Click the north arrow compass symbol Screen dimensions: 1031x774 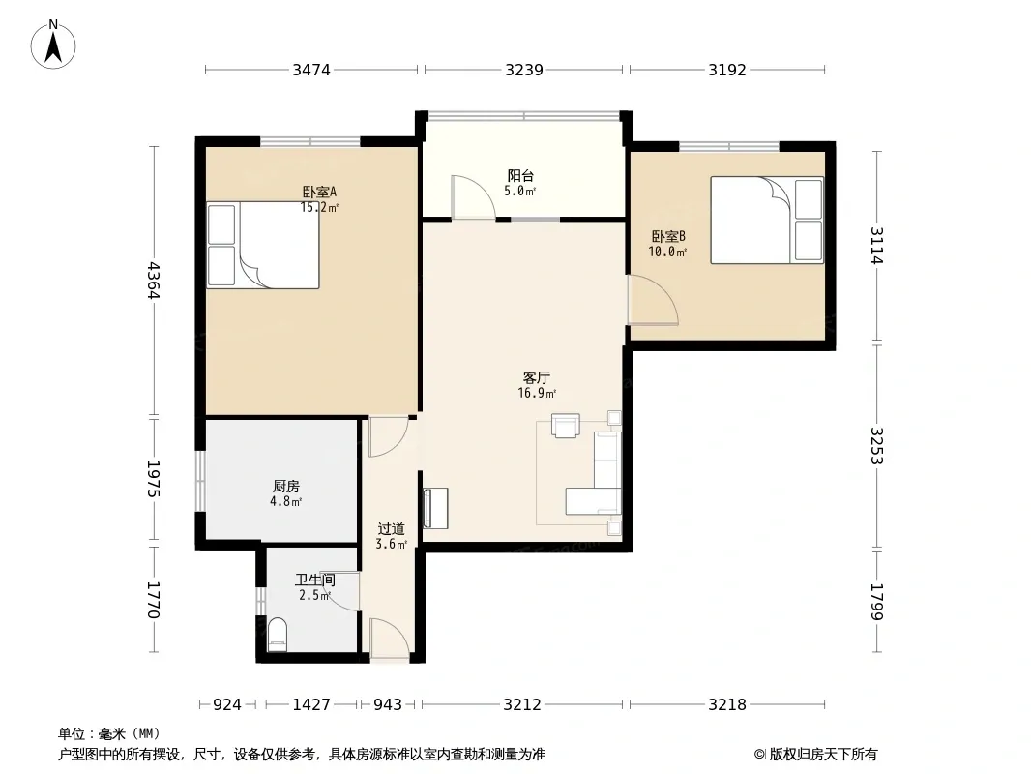(53, 45)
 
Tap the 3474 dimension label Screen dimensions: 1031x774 (311, 70)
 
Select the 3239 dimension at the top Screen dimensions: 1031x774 (524, 70)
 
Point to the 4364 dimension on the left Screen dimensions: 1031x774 (153, 281)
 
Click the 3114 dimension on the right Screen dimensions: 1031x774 (876, 246)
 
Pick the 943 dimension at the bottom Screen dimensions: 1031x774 (388, 704)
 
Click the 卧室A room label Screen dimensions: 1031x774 (319, 192)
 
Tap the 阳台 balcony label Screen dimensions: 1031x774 (520, 175)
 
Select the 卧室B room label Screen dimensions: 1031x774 (668, 236)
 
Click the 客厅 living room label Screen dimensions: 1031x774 (537, 377)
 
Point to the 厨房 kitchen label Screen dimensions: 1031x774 (286, 486)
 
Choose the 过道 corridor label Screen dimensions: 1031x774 (392, 528)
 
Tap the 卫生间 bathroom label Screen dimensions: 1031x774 (315, 580)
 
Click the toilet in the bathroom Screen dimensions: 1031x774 (279, 634)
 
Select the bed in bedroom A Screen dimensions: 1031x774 (263, 246)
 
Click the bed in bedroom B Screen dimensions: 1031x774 (767, 221)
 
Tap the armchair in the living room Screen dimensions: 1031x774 (566, 425)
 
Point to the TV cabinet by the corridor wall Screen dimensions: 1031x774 (434, 508)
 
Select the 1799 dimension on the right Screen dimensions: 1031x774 (876, 602)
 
